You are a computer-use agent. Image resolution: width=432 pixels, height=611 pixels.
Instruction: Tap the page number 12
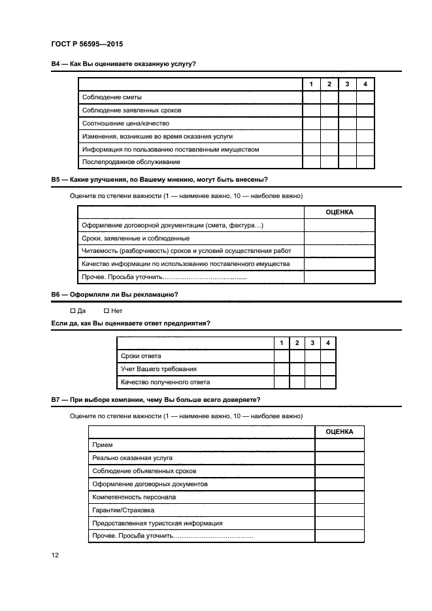pos(56,555)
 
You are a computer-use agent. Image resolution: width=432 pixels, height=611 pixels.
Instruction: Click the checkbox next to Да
pos(73,311)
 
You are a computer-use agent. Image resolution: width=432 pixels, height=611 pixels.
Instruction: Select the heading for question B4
pos(124,64)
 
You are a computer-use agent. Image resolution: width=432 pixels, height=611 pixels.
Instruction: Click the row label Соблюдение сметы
pos(112,97)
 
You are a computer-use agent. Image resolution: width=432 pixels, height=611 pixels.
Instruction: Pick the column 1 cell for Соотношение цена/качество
pos(311,124)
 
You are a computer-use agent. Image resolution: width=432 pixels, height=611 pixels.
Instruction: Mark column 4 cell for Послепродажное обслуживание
pos(365,163)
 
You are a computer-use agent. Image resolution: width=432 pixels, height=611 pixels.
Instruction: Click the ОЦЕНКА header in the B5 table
pos(339,212)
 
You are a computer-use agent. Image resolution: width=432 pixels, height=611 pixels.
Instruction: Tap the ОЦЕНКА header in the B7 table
pos(339,432)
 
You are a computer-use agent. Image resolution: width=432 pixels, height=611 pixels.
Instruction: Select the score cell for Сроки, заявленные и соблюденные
pos(339,239)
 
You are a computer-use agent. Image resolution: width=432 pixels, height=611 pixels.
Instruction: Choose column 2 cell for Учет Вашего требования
pos(297,369)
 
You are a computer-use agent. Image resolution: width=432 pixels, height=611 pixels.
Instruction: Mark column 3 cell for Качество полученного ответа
pos(312,382)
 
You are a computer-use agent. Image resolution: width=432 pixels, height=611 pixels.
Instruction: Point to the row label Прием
pos(103,445)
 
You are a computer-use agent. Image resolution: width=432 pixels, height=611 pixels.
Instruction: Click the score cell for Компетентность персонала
pos(339,497)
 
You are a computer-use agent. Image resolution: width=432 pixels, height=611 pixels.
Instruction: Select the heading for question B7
pos(156,399)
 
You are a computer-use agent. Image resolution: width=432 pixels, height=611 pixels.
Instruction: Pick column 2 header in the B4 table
pos(329,84)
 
